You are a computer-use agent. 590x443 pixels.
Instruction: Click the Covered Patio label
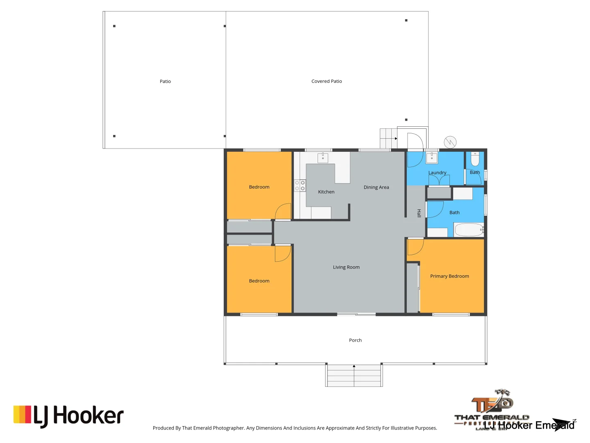[x=327, y=81]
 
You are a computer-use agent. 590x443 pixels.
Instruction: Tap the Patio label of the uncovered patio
[x=165, y=81]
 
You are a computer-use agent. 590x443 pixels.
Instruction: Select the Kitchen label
[x=326, y=192]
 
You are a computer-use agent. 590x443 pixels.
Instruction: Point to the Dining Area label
[x=376, y=187]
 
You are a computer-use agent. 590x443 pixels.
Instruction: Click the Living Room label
[x=346, y=267]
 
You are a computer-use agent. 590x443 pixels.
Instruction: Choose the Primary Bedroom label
[x=449, y=276]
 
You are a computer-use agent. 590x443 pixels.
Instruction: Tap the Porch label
[x=355, y=340]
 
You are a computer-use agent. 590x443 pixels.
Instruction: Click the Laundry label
[x=437, y=173]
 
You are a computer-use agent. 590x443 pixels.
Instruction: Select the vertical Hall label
[x=419, y=213]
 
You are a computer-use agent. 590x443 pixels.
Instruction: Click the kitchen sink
[x=323, y=158]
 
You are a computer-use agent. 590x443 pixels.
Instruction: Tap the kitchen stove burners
[x=300, y=185]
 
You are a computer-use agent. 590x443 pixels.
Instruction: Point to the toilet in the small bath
[x=475, y=158]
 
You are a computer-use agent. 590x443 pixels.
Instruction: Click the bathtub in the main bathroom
[x=469, y=230]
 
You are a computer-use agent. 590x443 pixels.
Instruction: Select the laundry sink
[x=432, y=158]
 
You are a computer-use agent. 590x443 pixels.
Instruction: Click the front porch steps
[x=354, y=375]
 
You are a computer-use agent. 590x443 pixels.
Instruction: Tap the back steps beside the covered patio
[x=388, y=138]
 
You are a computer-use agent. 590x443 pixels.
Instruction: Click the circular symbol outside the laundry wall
[x=450, y=142]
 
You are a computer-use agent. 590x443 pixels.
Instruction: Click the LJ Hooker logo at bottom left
[x=68, y=416]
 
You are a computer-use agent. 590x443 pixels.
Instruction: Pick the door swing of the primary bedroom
[x=415, y=247]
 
